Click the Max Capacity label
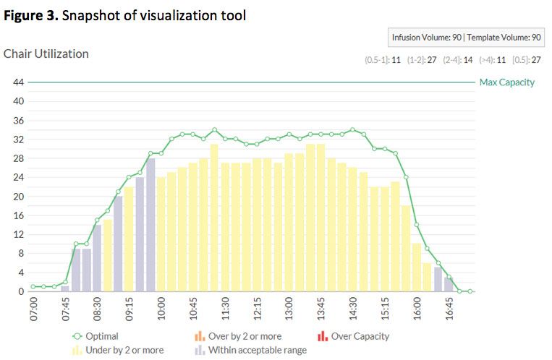(x=506, y=82)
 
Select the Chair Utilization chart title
(x=46, y=54)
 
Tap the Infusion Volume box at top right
(x=466, y=38)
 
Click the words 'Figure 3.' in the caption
(x=31, y=15)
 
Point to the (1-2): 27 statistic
(x=421, y=60)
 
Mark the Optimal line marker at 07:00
(x=33, y=287)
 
